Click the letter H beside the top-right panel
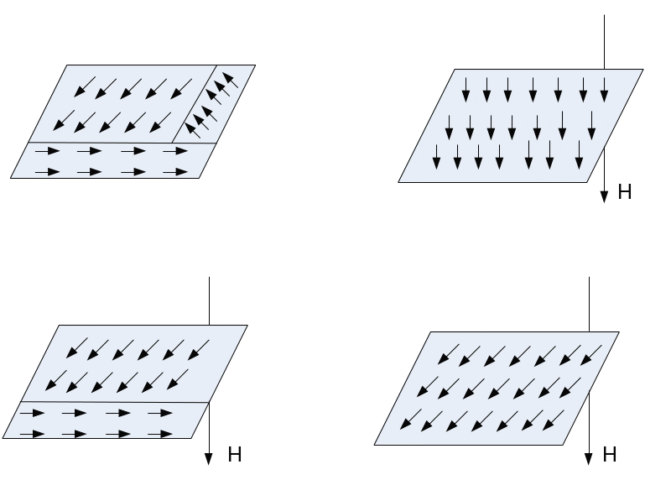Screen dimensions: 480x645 (625, 192)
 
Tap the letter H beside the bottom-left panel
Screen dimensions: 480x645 (235, 455)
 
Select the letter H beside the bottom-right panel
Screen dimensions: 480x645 (611, 455)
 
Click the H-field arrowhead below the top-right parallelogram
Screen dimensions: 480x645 (604, 196)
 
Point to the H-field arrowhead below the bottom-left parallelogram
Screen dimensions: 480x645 (208, 457)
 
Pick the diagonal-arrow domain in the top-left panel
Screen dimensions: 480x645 (117, 105)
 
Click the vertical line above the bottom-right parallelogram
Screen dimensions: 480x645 (590, 302)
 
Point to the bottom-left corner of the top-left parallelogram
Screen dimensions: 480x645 (11, 178)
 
